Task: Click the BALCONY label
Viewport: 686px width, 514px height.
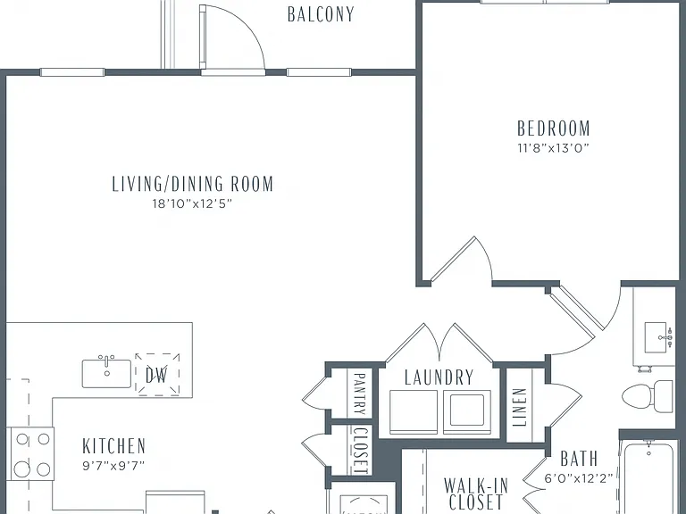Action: (x=321, y=14)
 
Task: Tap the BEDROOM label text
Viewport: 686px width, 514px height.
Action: (x=554, y=128)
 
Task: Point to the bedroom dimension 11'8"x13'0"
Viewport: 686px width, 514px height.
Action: (x=554, y=148)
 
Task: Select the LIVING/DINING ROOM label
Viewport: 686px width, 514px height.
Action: (x=193, y=184)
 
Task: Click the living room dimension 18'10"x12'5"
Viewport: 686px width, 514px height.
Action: (x=192, y=203)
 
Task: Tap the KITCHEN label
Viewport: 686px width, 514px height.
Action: (x=113, y=446)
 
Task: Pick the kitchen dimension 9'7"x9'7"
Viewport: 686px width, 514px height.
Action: (x=113, y=466)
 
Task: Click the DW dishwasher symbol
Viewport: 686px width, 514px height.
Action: (x=157, y=375)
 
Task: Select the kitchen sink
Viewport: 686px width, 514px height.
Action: (x=107, y=372)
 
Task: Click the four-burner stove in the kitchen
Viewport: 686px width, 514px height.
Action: (x=30, y=453)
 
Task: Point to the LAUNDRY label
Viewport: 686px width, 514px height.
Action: (x=439, y=377)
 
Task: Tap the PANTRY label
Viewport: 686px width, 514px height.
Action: (x=359, y=394)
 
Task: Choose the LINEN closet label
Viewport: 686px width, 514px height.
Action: (x=519, y=407)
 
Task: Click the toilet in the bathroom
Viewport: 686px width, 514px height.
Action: (x=648, y=396)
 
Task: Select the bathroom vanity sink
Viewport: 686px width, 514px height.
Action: (x=659, y=337)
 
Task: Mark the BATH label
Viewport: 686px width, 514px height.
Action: (x=579, y=459)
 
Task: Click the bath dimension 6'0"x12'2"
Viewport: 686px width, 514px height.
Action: (x=579, y=478)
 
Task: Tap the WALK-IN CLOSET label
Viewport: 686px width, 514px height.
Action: (x=476, y=493)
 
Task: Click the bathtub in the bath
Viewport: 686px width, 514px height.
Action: (x=648, y=478)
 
